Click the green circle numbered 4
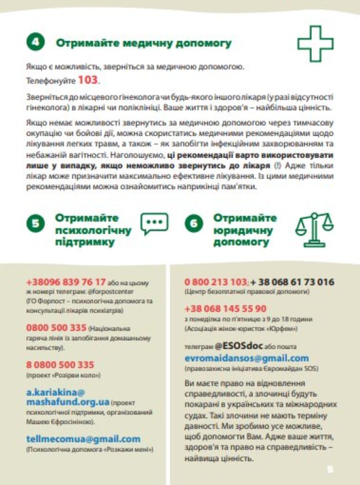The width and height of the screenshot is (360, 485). pos(35,43)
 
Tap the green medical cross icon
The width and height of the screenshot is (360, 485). pos(315,43)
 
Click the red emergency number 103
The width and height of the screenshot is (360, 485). pos(88,80)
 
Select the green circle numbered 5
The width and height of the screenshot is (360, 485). pos(35,224)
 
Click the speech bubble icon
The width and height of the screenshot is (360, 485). pos(154,224)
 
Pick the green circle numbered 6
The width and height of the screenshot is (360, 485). pos(193,224)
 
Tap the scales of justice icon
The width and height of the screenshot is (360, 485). pos(314,229)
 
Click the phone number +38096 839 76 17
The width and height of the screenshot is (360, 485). pos(66,282)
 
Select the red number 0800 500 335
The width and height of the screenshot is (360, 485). pos(56,328)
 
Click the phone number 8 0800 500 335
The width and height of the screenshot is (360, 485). pos(60,365)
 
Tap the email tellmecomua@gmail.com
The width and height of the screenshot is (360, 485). pos(83,439)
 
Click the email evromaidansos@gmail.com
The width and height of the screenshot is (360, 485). pos(246,358)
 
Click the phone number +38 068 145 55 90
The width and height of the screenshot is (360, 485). pos(225,309)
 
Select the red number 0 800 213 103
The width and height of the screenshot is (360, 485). pos(216,282)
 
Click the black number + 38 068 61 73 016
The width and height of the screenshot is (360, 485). pos(292,282)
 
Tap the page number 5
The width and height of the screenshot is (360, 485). pos(330,469)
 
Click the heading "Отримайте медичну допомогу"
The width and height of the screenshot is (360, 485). pos(144,43)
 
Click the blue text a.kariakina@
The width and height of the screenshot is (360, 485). pos(56,393)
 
